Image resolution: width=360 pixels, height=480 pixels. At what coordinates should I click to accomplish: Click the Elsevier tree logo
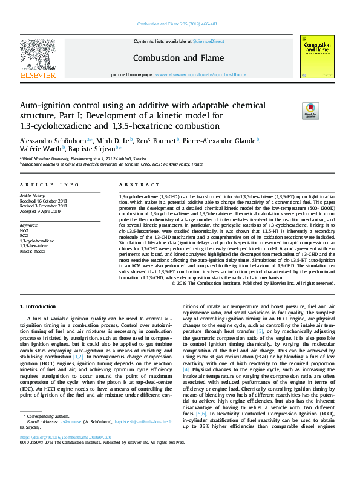[38, 56]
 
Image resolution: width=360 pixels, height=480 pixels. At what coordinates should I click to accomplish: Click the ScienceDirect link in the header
[208, 41]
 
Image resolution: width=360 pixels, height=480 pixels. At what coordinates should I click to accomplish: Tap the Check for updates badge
[327, 111]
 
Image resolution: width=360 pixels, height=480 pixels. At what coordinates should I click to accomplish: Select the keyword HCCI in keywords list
[24, 231]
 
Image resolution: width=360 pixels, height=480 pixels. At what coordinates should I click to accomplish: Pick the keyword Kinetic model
[33, 250]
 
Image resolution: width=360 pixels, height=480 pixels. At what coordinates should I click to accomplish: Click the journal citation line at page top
[180, 24]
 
